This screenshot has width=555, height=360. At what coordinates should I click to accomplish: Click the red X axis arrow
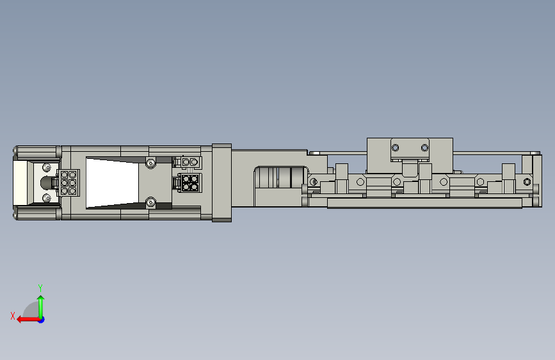(x=28, y=320)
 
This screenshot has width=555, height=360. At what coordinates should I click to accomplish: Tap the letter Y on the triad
(x=40, y=288)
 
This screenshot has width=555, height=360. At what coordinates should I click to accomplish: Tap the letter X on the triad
(x=13, y=316)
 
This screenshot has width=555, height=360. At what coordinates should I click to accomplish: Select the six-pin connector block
(x=68, y=183)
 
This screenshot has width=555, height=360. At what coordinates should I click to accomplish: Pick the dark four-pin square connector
(x=190, y=183)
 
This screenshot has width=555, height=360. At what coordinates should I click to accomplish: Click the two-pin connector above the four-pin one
(x=189, y=162)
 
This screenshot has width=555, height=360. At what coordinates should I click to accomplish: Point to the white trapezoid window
(x=112, y=183)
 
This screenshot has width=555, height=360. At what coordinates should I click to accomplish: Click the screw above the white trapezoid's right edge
(x=151, y=163)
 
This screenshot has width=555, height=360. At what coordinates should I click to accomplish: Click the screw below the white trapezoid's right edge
(x=151, y=202)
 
